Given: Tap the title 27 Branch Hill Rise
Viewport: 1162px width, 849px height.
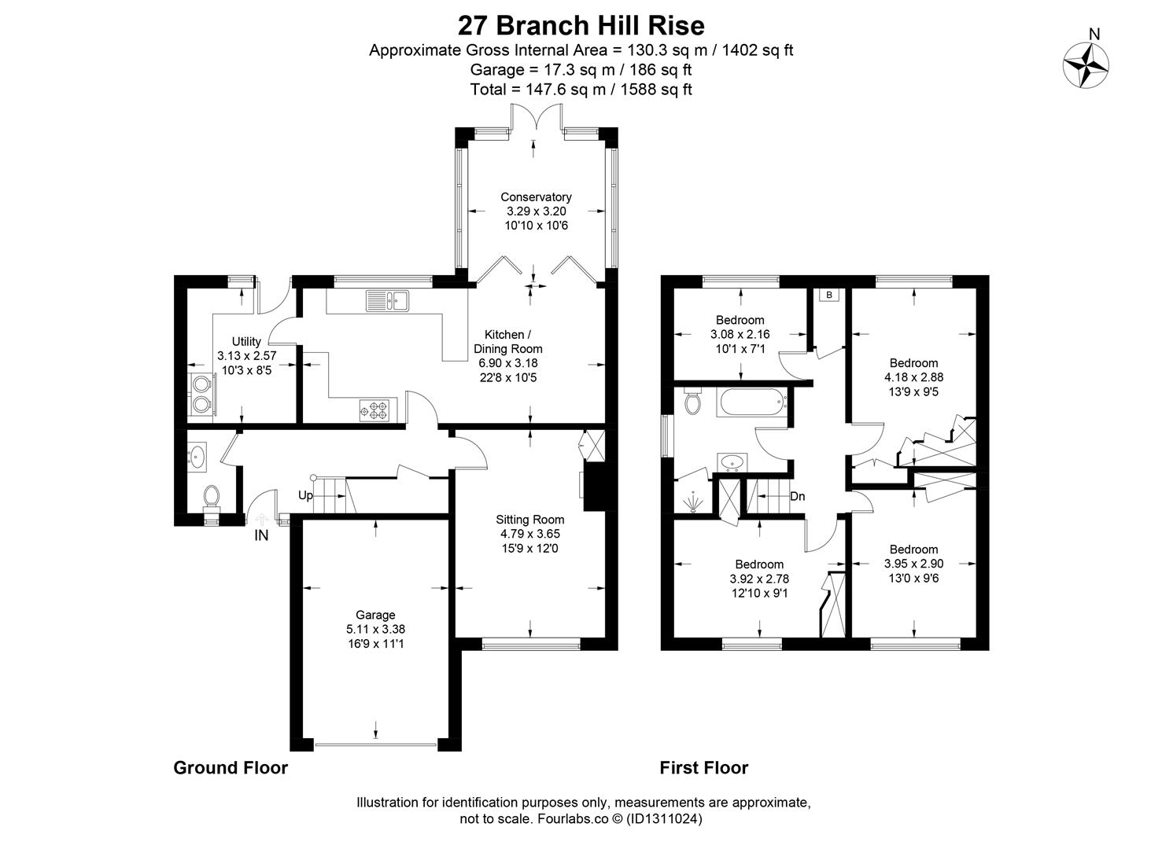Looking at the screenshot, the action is tap(581, 25).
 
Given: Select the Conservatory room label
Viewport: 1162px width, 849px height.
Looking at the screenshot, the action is tap(536, 197).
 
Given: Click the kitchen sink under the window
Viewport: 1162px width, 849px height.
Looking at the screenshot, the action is tap(388, 300).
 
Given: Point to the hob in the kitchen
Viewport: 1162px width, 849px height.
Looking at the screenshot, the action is tap(374, 410).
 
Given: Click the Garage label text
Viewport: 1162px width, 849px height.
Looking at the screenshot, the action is tap(375, 615).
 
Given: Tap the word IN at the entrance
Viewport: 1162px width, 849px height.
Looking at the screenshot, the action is tap(261, 535).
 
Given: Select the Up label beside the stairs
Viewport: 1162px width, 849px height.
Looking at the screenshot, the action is tap(305, 495).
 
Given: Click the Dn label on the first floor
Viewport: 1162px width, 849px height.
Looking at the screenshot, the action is tap(797, 496).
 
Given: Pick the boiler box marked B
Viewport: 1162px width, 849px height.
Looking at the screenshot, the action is tap(829, 295).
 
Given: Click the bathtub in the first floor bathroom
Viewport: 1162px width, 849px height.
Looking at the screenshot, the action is tap(752, 402).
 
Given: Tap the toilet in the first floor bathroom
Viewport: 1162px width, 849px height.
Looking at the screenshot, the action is tap(692, 401).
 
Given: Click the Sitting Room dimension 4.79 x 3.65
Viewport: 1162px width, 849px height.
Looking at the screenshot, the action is tap(529, 534).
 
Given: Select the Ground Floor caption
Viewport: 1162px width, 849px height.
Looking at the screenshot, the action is tap(231, 767).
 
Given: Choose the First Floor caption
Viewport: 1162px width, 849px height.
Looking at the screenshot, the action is tap(704, 767).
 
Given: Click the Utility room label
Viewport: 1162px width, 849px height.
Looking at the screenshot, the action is tap(246, 342).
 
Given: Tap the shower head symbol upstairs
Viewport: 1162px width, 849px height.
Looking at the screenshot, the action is tap(692, 502).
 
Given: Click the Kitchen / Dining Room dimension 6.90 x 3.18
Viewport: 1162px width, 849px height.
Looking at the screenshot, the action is tap(508, 363).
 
